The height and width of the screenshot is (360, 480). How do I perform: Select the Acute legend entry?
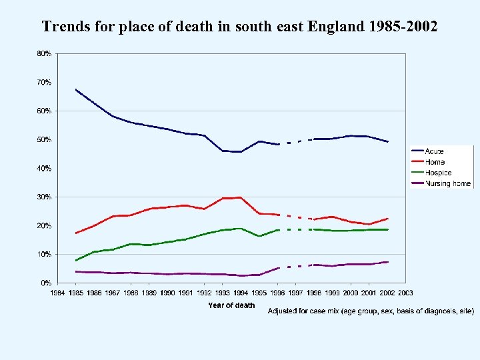[x=434, y=151]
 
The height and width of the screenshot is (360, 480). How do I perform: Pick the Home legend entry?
[x=434, y=162]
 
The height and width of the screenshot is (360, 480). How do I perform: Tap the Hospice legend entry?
[x=437, y=173]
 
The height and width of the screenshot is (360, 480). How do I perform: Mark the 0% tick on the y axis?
[x=45, y=283]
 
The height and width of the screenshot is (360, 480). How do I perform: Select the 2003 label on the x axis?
[x=405, y=293]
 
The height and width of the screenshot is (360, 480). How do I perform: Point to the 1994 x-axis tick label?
[x=241, y=293]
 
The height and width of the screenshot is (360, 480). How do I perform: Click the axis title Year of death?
[x=231, y=305]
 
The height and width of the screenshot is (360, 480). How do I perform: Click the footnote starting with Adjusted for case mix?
[x=371, y=311]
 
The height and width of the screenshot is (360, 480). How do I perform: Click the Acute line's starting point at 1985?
[x=77, y=89]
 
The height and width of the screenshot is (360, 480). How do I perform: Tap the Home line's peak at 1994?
[x=241, y=197]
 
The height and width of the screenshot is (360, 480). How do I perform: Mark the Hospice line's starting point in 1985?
[x=77, y=260]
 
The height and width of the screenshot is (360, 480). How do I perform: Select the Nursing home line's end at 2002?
[x=387, y=262]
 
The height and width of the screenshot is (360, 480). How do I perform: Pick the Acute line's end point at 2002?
[x=387, y=142]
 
